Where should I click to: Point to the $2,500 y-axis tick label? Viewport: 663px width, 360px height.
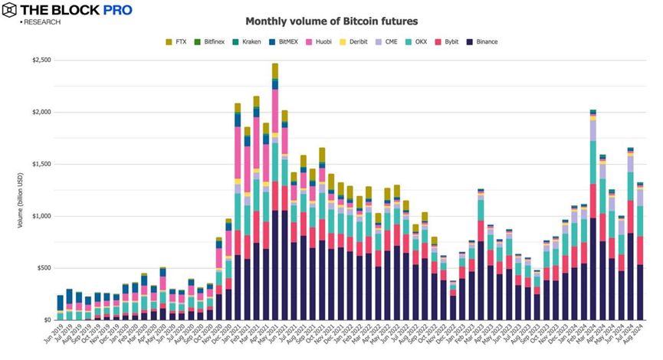point(40,60)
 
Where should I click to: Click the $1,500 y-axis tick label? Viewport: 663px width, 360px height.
point(40,164)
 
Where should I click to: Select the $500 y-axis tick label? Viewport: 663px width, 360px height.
point(42,268)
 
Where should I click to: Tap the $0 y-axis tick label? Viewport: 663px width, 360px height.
point(47,320)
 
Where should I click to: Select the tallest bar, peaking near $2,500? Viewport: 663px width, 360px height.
point(275,191)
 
